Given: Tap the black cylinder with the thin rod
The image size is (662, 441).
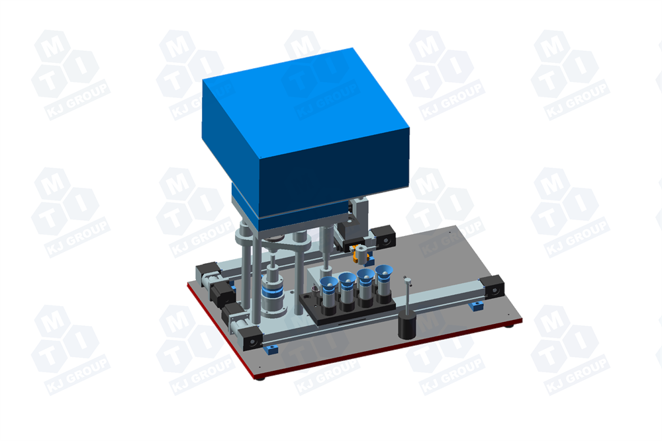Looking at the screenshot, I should [x=408, y=326].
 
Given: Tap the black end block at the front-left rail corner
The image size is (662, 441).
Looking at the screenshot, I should [x=250, y=339].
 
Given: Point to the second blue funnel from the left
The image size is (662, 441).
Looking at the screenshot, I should [x=346, y=280].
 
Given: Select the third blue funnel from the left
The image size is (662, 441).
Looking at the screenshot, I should [x=365, y=276].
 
